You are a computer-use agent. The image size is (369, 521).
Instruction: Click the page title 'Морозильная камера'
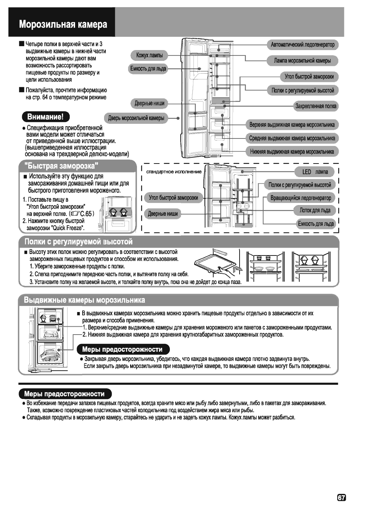[63, 25]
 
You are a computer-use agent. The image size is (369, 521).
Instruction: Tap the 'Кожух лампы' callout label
[149, 55]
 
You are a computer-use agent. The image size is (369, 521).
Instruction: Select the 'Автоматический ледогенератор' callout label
[302, 45]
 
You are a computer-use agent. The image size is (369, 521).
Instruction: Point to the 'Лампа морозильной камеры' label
[302, 61]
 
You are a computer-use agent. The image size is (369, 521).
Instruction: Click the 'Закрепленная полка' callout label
[316, 106]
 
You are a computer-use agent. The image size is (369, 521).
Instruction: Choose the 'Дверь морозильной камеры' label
[137, 118]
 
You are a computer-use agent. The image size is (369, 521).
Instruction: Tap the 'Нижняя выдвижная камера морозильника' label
[292, 151]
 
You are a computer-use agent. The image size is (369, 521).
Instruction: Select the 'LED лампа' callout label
[315, 172]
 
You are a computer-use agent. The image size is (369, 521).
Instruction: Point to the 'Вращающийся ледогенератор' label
[301, 198]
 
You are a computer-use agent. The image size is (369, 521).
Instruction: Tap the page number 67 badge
[341, 497]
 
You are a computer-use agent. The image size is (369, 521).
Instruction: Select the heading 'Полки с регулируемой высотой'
[78, 242]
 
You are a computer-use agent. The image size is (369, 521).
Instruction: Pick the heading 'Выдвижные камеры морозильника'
[84, 300]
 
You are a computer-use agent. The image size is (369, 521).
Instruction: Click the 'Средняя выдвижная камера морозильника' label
[292, 138]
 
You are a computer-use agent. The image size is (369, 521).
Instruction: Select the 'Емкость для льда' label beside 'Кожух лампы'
[148, 69]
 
